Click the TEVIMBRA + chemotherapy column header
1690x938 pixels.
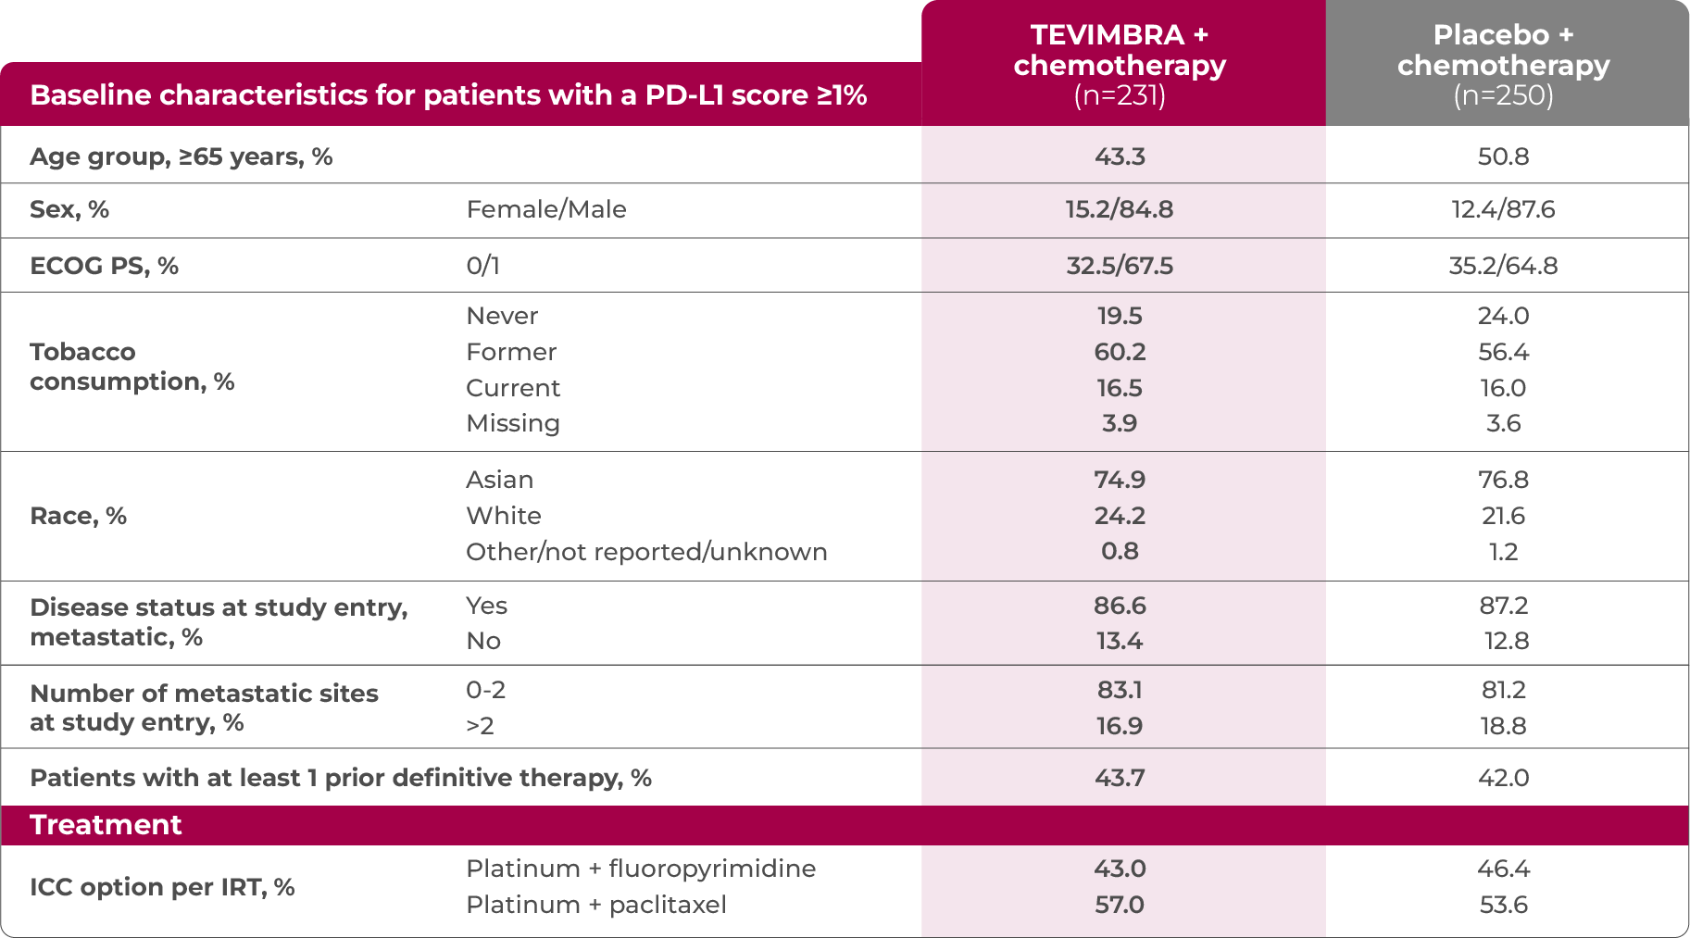1120,65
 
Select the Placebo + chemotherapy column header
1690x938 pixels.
1503,65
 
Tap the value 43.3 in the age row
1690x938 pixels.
1120,156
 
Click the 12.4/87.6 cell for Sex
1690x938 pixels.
1503,209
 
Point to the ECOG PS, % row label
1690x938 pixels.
104,266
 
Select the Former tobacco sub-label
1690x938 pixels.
511,352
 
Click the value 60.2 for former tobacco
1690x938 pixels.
1120,352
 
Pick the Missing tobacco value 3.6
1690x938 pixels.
1503,423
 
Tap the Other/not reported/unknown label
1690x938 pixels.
646,552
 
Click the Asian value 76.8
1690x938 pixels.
1503,480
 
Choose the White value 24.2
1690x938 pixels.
1120,516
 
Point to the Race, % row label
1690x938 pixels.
78,516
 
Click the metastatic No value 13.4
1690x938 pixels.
1120,641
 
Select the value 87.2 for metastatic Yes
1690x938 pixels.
1503,606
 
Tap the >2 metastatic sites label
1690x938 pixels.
480,726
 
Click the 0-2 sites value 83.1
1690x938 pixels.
1120,690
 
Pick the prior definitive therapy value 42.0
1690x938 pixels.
1503,778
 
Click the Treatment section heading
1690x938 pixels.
106,825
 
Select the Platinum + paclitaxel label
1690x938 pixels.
595,905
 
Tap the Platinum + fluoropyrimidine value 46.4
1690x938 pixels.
1503,869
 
